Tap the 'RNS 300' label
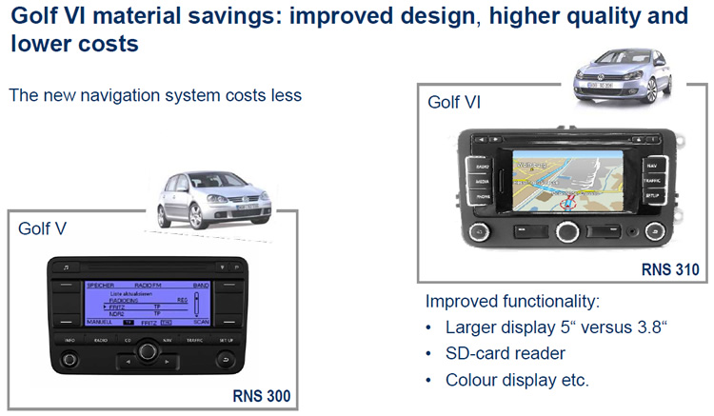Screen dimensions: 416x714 261,395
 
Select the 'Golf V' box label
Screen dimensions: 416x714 43,229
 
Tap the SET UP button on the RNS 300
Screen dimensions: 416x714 225,339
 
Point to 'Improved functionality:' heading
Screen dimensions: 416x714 512,302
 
